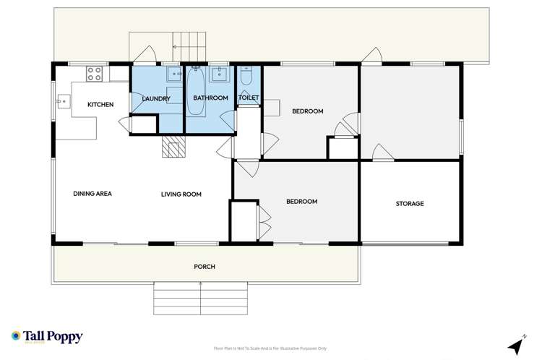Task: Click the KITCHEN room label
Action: (100, 105)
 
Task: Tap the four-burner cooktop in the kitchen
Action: (95, 73)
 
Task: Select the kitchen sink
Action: (63, 103)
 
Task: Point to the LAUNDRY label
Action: (156, 98)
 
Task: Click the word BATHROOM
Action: (210, 98)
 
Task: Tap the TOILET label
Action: (249, 97)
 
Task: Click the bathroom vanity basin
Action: (219, 74)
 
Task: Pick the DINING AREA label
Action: (93, 194)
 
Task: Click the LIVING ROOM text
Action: (181, 194)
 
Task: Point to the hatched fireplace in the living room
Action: (173, 149)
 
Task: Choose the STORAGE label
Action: (410, 204)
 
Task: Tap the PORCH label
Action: (205, 267)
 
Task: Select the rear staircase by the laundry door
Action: (189, 47)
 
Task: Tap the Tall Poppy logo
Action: (47, 337)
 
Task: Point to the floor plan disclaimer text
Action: (271, 347)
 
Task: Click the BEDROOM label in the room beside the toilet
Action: (307, 111)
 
